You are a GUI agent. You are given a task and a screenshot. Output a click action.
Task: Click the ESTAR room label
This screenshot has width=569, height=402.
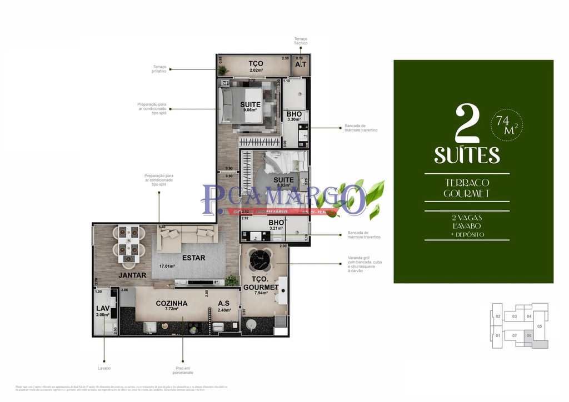click(x=193, y=258)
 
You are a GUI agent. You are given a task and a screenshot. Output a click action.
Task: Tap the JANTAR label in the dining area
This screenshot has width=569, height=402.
click(x=132, y=275)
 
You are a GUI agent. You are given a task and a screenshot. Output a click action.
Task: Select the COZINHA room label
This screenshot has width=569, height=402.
click(x=171, y=303)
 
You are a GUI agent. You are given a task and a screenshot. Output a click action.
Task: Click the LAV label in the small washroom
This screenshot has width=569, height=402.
click(x=103, y=308)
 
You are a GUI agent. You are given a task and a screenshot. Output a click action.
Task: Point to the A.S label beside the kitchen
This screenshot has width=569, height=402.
click(x=224, y=303)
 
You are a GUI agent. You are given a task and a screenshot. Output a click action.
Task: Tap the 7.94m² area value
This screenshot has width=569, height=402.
click(x=261, y=293)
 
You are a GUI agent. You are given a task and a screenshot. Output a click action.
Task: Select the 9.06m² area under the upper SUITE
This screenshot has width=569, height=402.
click(x=250, y=110)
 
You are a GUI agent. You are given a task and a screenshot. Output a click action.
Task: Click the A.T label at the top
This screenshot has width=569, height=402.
click(x=301, y=64)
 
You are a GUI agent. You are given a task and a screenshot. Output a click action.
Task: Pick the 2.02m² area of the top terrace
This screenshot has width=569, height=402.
click(x=256, y=71)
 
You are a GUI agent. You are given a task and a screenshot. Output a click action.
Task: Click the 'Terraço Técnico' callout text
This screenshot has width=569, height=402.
click(x=301, y=41)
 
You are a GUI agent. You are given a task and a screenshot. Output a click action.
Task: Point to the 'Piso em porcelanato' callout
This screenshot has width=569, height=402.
click(x=183, y=370)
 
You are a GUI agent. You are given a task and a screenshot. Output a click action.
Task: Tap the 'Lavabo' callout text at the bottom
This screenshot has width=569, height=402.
click(x=104, y=368)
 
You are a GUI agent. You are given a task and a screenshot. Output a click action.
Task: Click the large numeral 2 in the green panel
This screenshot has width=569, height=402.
click(x=467, y=124)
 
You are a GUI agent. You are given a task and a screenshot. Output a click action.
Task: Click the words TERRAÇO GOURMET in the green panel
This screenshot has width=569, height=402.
click(x=467, y=188)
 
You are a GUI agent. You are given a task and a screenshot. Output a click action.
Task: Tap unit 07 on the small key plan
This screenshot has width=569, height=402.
click(x=515, y=335)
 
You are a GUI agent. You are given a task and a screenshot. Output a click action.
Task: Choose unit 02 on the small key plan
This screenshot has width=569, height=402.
click(x=498, y=316)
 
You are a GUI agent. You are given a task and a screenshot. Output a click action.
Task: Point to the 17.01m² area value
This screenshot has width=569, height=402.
click(x=167, y=266)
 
